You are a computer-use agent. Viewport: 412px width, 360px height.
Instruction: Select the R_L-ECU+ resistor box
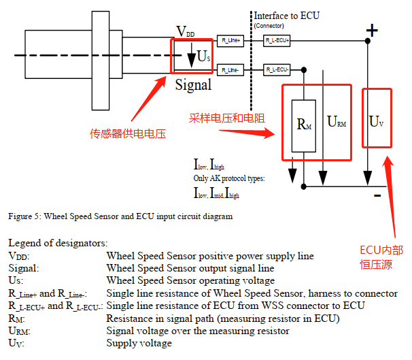(277, 42)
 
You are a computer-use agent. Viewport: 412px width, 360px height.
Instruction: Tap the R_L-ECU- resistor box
(277, 69)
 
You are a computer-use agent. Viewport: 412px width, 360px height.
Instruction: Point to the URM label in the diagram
(336, 122)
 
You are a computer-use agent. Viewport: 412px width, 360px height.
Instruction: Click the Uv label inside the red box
(376, 122)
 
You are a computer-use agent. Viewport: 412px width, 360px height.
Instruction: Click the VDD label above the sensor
(186, 31)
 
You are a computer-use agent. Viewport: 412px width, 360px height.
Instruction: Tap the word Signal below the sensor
(193, 86)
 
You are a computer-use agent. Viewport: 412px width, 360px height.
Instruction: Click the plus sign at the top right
(371, 29)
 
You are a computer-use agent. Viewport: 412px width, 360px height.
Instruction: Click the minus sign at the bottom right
(376, 195)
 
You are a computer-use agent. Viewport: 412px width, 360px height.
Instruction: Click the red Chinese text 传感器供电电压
(128, 134)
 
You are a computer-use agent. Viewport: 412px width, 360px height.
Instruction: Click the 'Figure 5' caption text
(120, 217)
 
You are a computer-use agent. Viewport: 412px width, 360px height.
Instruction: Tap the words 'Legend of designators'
(58, 243)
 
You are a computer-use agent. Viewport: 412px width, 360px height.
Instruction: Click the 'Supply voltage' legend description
(139, 343)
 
